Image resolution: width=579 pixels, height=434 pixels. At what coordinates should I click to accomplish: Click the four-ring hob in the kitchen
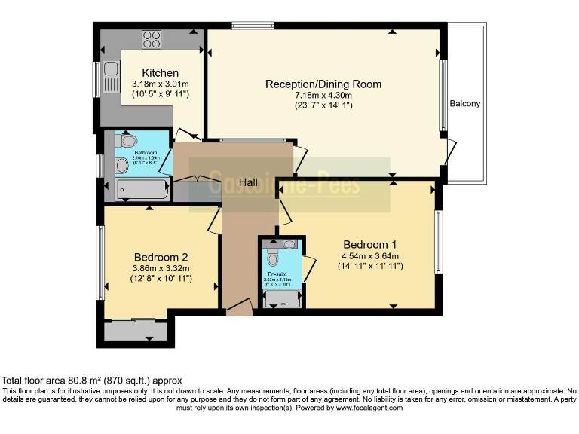click(151, 38)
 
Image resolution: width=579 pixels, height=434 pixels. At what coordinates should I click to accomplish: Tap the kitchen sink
click(111, 76)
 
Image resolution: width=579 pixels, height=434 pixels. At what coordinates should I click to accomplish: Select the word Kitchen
click(155, 73)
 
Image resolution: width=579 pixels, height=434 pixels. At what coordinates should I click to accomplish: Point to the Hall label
click(250, 183)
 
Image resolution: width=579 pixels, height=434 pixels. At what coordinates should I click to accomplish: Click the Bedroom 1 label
click(369, 244)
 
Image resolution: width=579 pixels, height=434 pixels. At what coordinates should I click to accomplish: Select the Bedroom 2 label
click(161, 256)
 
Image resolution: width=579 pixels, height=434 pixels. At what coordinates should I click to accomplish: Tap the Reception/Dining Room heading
click(323, 84)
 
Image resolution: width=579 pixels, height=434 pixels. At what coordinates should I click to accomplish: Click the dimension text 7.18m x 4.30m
click(323, 95)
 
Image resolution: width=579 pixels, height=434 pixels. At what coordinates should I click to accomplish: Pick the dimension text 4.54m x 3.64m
click(369, 256)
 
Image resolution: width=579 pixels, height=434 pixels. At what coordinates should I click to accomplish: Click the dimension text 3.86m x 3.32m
click(161, 268)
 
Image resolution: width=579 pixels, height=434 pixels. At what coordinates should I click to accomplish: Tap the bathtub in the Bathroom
click(143, 189)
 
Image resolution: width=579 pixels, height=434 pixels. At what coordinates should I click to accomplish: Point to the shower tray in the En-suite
click(283, 300)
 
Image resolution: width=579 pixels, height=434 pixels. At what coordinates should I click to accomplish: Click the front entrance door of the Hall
click(239, 307)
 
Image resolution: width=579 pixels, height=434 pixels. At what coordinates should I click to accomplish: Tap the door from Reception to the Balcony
click(450, 152)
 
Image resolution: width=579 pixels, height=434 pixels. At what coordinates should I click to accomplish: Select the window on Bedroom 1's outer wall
click(437, 241)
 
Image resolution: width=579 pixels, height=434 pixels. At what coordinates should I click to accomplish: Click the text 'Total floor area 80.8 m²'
click(53, 381)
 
